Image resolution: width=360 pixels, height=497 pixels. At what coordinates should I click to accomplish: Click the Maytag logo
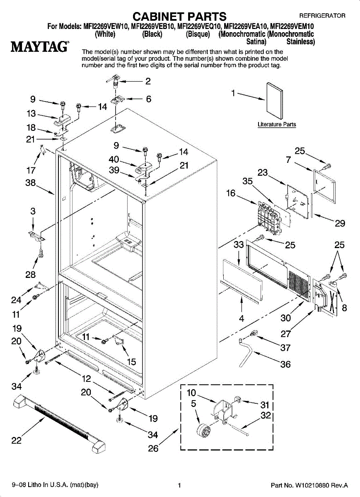coord(40,46)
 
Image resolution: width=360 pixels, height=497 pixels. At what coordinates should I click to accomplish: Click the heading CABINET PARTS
coord(179,16)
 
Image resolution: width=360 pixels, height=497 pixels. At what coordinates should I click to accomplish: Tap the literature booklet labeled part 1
coord(274,101)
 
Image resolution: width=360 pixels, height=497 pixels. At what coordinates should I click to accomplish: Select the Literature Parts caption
coord(277,124)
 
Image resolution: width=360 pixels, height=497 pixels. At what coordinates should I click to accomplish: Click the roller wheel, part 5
coord(204,430)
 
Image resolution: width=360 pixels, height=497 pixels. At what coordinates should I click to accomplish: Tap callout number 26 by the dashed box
coord(153,448)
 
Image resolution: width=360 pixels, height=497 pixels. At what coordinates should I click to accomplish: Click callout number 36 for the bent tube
coord(285,364)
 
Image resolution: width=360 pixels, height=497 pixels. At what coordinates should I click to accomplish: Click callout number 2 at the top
coord(147,81)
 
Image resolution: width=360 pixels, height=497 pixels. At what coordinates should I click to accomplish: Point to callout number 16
coord(231,193)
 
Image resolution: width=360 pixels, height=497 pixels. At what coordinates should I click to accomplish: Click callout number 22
coord(16,441)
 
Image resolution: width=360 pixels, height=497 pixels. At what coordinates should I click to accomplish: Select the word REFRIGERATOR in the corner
coord(322,16)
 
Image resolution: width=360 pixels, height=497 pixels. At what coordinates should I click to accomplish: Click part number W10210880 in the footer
coord(309,485)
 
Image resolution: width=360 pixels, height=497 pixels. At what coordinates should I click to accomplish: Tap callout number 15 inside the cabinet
coord(131,362)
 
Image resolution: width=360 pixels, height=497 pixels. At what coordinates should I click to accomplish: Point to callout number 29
coord(340,224)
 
